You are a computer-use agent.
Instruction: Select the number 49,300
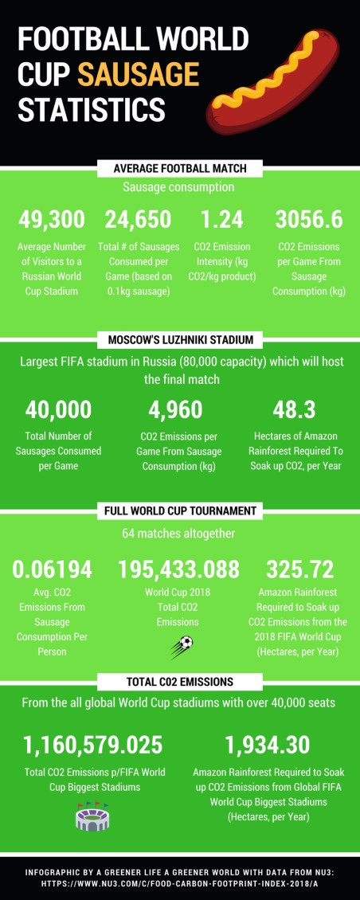click(52, 220)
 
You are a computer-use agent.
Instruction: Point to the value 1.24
click(221, 220)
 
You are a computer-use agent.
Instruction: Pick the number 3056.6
click(309, 220)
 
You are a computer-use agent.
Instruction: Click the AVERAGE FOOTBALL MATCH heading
click(180, 168)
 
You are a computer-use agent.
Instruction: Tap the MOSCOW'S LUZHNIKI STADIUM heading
click(180, 340)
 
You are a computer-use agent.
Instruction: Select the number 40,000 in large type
click(58, 409)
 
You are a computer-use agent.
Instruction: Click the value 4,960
click(175, 409)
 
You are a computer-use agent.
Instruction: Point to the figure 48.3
click(294, 409)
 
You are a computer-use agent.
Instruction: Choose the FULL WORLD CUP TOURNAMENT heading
click(180, 511)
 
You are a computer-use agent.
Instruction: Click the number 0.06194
click(52, 569)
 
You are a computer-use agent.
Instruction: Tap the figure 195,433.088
click(178, 569)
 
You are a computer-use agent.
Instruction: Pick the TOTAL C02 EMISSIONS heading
click(180, 682)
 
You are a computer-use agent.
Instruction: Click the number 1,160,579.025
click(93, 745)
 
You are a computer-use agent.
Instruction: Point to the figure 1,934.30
click(267, 745)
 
